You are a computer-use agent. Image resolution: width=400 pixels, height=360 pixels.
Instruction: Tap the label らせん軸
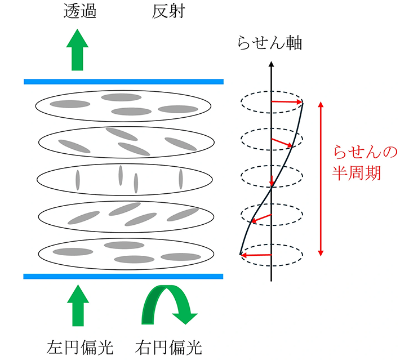[x=270, y=42]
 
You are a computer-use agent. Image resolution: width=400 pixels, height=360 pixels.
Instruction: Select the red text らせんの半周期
[x=358, y=162]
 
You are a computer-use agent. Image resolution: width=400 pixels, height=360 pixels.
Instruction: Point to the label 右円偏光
[x=168, y=345]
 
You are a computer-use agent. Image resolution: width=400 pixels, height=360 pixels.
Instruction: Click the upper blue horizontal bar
[x=124, y=82]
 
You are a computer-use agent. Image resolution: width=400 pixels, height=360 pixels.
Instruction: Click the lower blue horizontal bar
[x=124, y=276]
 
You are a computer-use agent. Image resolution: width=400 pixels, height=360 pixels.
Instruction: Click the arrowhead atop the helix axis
[x=272, y=64]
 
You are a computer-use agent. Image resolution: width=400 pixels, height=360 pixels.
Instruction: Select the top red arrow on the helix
[x=287, y=102]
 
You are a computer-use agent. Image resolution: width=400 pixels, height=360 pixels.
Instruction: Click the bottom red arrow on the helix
[x=256, y=255]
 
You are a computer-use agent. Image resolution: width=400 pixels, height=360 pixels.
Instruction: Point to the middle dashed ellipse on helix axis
[x=272, y=178]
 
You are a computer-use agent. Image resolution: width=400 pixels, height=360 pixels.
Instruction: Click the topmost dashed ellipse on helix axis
[x=272, y=102]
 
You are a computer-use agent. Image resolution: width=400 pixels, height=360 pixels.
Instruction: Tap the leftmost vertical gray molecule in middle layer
[x=78, y=180]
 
